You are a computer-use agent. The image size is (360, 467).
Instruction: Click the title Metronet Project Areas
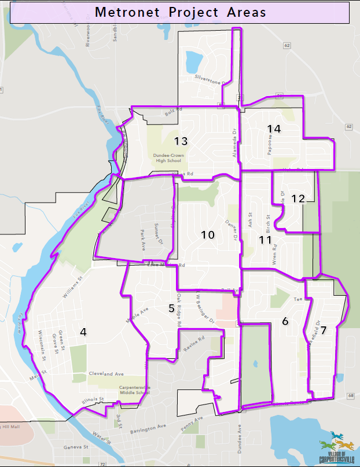180,12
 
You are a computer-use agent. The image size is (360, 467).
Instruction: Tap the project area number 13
181,141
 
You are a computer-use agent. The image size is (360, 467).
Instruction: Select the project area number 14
274,128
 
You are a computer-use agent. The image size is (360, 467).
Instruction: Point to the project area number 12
297,198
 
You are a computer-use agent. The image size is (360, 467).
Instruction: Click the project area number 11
265,239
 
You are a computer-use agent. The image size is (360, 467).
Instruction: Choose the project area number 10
208,234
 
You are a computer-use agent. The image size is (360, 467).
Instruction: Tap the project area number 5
171,308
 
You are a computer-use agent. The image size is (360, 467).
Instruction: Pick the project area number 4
83,332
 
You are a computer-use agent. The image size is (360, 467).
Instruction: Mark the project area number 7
324,330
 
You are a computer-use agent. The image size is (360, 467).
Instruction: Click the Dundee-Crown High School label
169,158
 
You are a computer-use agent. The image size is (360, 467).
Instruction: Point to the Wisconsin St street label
42,344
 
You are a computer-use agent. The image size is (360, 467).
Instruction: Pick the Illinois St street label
92,399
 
